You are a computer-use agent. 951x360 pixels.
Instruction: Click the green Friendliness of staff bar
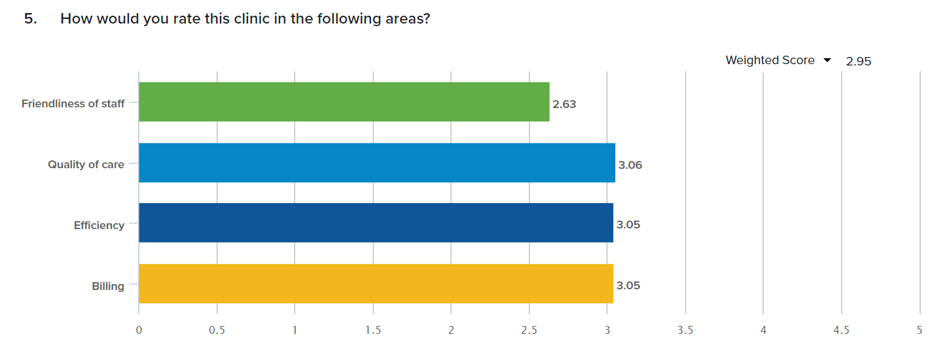coord(344,102)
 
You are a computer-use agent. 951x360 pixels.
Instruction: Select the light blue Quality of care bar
coord(377,163)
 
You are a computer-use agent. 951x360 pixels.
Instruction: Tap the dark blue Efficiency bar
coord(376,223)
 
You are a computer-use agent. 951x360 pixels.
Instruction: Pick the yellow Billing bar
coord(376,283)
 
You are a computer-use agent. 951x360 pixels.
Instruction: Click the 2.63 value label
coord(564,104)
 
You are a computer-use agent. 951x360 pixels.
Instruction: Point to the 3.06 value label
coord(630,165)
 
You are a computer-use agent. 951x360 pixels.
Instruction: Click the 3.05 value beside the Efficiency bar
coord(628,225)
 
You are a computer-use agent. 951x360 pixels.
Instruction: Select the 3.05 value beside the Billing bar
coord(628,285)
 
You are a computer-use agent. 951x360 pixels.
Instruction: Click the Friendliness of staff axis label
coord(73,103)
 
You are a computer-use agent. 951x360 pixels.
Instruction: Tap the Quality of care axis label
coord(86,164)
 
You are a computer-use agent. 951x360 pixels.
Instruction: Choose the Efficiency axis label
coord(99,225)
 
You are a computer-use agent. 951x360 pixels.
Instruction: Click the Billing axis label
coord(108,286)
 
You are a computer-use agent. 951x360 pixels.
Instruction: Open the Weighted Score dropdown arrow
coord(827,60)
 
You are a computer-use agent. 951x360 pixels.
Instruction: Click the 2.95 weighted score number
coord(859,62)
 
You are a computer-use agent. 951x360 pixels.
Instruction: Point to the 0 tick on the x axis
coord(139,331)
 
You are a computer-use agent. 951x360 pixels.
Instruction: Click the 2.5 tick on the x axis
coord(529,331)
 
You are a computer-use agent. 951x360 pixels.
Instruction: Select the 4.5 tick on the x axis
coord(841,331)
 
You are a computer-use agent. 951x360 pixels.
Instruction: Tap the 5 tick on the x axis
coord(920,331)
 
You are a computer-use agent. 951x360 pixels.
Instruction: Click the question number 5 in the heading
coord(30,19)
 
